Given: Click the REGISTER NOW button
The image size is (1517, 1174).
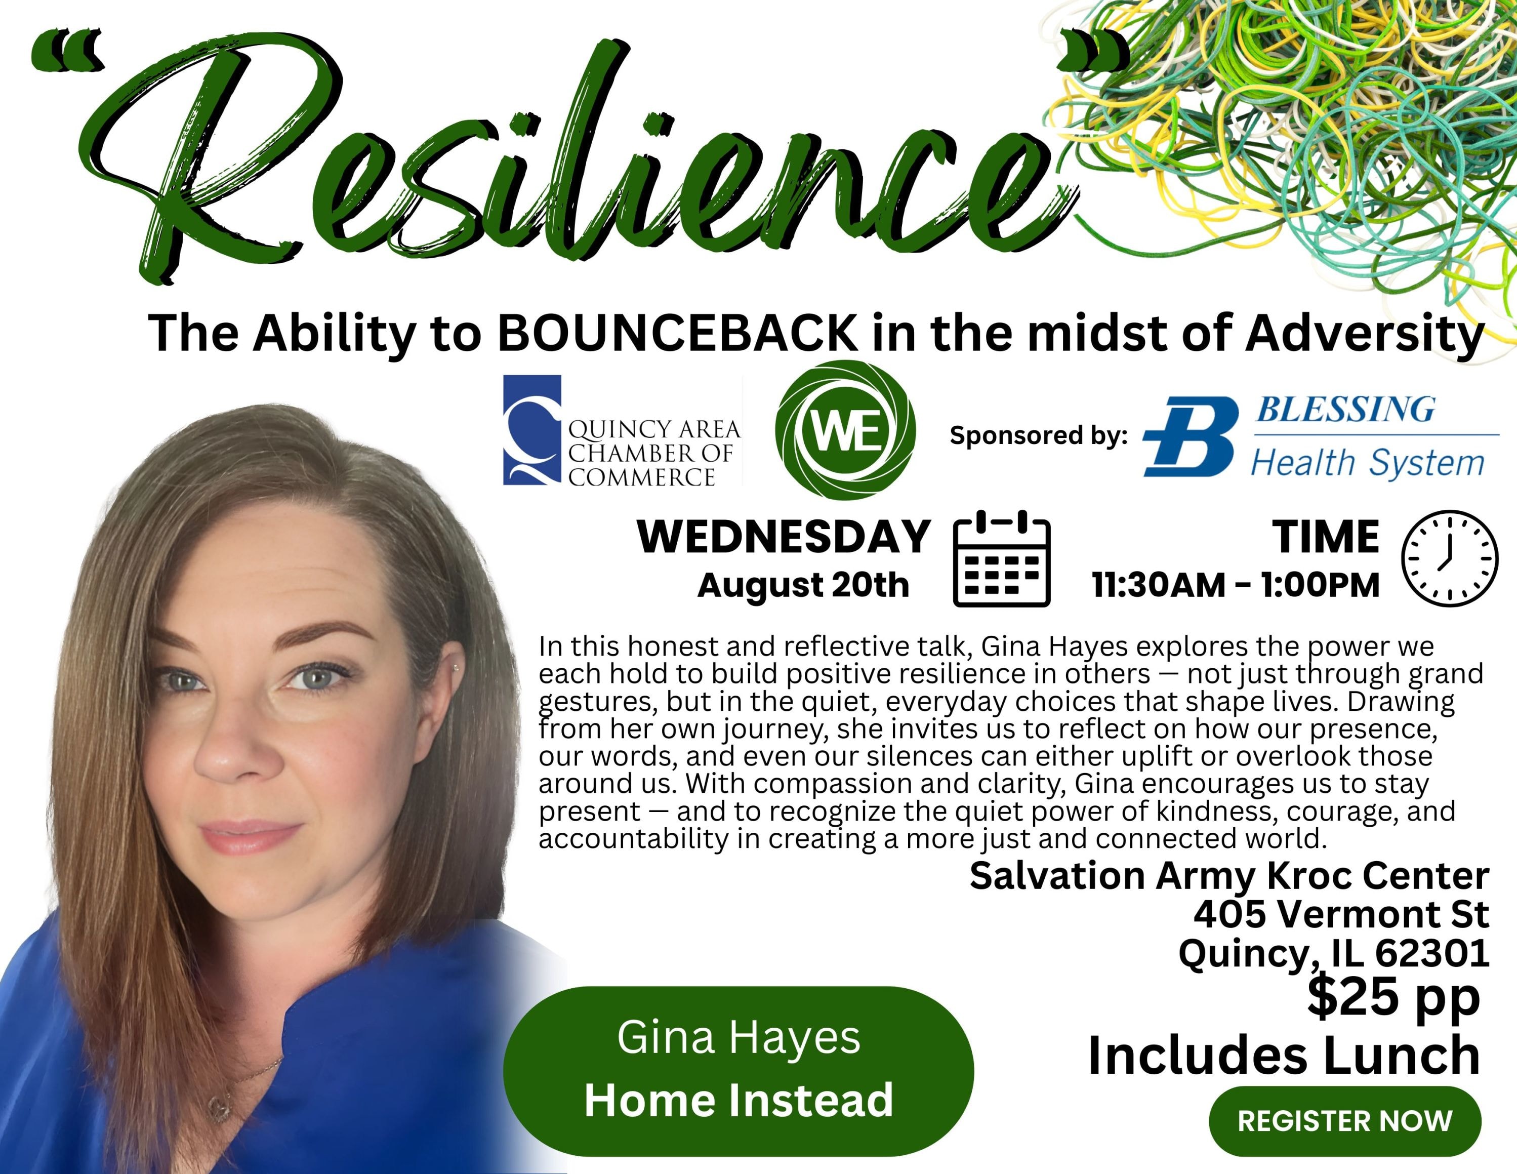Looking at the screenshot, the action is click(1345, 1120).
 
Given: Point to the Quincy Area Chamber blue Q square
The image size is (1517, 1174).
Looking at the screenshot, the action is click(532, 430).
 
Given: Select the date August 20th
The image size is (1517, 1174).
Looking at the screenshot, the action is click(804, 585).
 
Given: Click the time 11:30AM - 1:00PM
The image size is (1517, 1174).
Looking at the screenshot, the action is click(1236, 585).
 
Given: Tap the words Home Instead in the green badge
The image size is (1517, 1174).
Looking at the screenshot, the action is click(739, 1101).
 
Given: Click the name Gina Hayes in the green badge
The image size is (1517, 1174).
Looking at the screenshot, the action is click(739, 1038).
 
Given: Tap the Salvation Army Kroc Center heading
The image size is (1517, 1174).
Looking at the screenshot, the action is click(1229, 876).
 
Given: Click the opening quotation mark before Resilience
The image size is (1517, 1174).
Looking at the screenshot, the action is click(68, 52).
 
